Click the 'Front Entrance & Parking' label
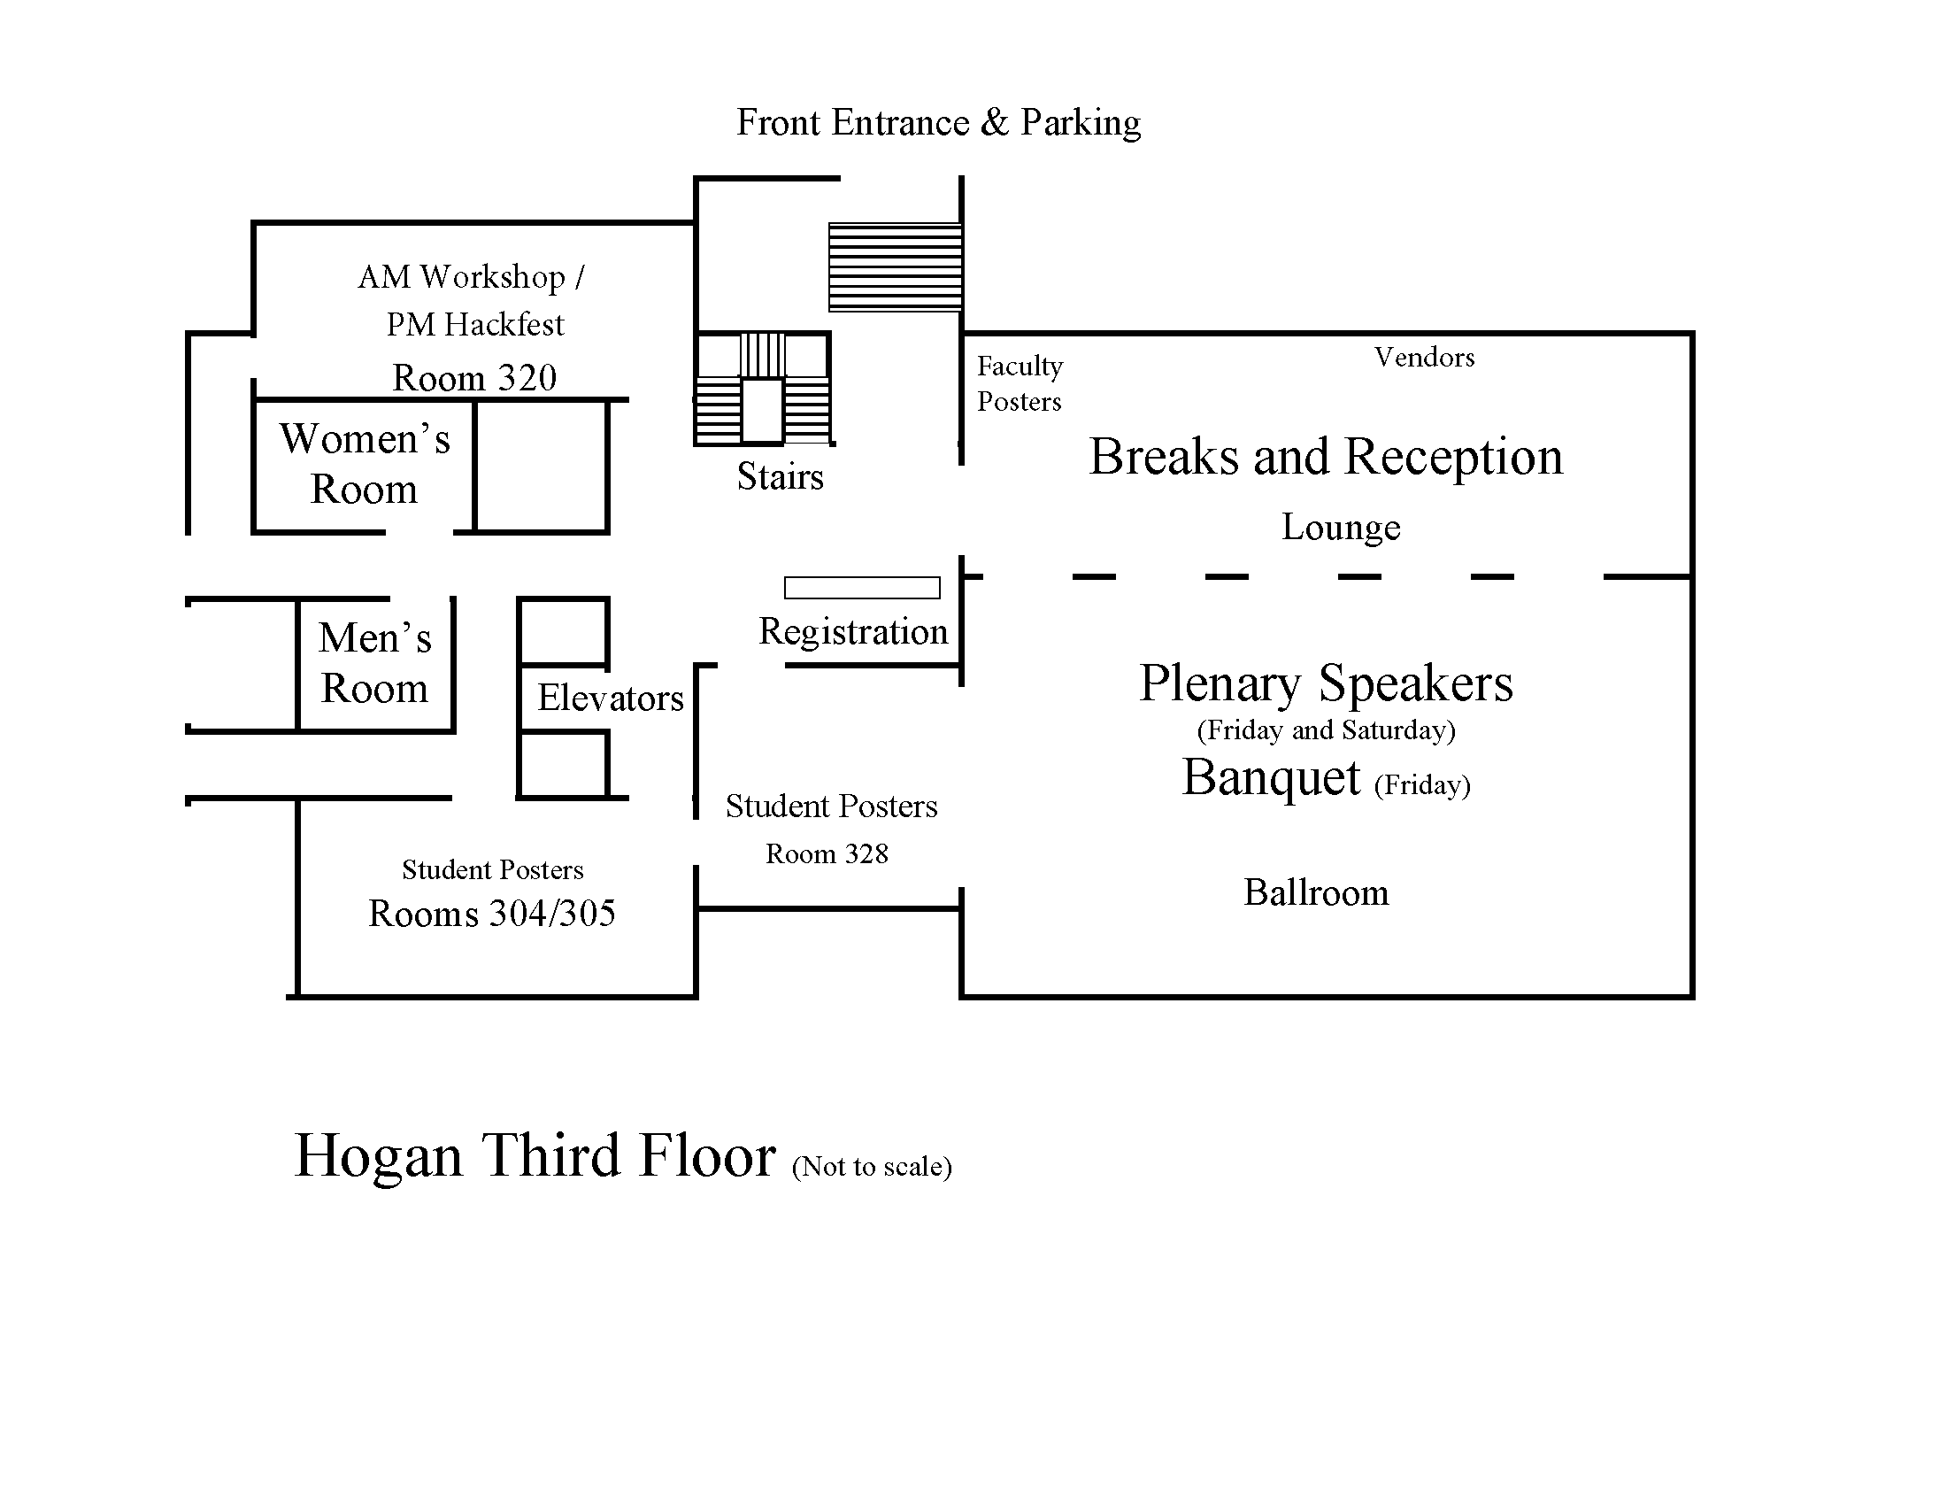(938, 123)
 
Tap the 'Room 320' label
(474, 378)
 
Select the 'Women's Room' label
(365, 464)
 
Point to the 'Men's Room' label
(374, 663)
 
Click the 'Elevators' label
(610, 698)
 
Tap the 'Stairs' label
(780, 477)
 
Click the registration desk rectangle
(862, 588)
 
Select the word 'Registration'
(853, 631)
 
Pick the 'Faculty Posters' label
(1020, 383)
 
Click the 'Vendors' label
(1424, 358)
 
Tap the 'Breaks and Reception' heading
(1326, 457)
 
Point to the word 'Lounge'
(1341, 527)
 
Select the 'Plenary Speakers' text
(1326, 683)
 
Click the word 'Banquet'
(1271, 777)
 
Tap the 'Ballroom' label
(1316, 892)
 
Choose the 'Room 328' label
(827, 854)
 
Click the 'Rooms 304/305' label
(492, 914)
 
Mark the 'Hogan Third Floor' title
(535, 1156)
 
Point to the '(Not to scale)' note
(872, 1166)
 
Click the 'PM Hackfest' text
(475, 325)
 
